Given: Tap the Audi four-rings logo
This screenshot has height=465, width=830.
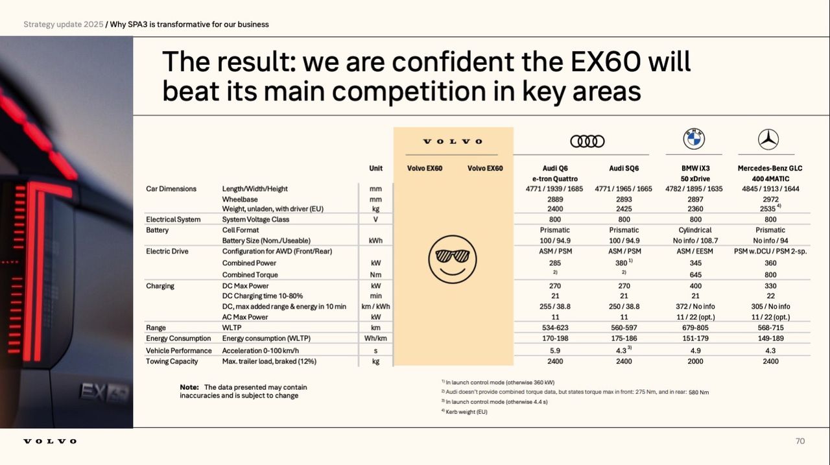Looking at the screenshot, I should (587, 141).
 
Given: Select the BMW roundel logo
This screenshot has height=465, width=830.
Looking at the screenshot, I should (694, 139).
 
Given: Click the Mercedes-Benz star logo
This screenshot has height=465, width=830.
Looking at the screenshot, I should (768, 139).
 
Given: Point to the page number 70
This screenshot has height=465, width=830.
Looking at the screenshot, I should (800, 441).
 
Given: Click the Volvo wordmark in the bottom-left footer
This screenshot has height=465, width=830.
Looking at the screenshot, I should (50, 442).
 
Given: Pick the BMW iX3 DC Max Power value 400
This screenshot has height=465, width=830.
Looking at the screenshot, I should (694, 285).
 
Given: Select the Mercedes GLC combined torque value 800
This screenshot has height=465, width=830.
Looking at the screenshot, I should (770, 274).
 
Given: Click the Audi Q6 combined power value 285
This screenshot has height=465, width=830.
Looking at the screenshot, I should (554, 263).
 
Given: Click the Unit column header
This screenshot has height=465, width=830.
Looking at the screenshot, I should (375, 168).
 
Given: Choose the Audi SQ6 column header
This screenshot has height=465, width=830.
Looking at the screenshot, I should (624, 168).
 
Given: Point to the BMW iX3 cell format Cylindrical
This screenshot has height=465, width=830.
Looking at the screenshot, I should (694, 230).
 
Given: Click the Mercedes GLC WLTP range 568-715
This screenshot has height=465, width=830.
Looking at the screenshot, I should (770, 328).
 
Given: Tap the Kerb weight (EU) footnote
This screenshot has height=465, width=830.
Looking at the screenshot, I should (466, 412).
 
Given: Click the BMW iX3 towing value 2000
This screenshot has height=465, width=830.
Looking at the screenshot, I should (694, 361).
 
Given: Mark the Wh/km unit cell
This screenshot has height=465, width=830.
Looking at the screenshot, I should (375, 338).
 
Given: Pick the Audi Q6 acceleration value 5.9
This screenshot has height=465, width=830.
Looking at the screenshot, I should (554, 350).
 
